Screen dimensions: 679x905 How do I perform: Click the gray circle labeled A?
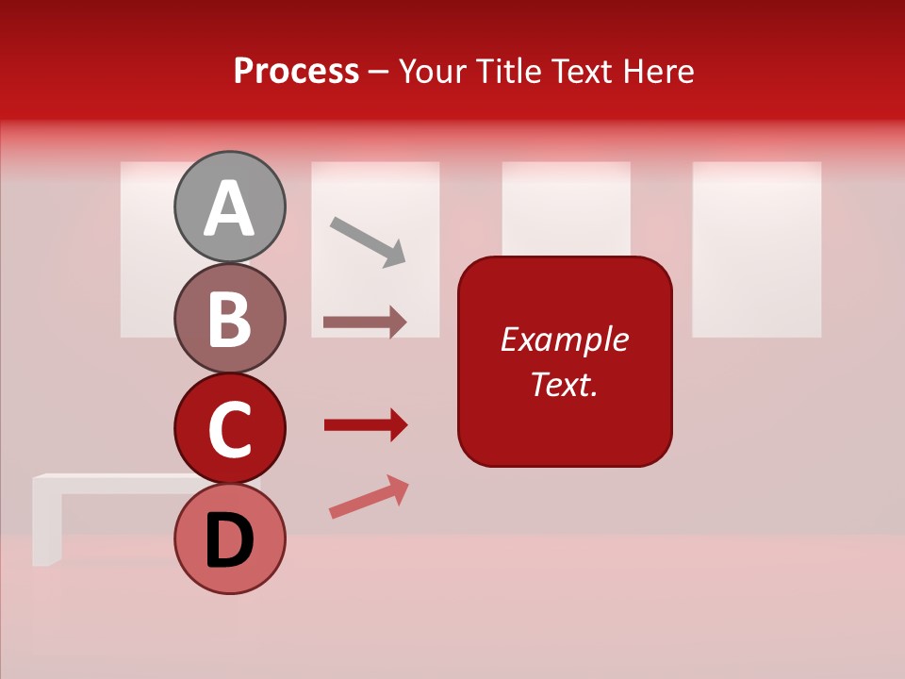tap(229, 207)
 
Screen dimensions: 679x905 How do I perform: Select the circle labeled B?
tap(229, 318)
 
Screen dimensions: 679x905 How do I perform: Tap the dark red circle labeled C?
tap(229, 428)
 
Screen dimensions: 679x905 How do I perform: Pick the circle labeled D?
tap(229, 538)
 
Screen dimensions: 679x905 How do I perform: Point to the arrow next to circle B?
tap(365, 322)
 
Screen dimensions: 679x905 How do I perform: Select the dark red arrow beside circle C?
tap(366, 425)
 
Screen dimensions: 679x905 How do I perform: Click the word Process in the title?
tap(296, 71)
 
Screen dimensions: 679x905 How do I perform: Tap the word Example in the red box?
tap(564, 339)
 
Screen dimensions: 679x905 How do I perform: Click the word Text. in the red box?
tap(564, 384)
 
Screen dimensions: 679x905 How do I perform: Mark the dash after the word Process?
tap(379, 72)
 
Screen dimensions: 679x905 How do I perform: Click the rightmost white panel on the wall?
tap(756, 249)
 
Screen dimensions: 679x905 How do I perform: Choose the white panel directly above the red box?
tap(566, 207)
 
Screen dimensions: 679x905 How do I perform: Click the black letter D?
tap(229, 542)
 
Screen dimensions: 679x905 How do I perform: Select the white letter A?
tap(229, 208)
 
